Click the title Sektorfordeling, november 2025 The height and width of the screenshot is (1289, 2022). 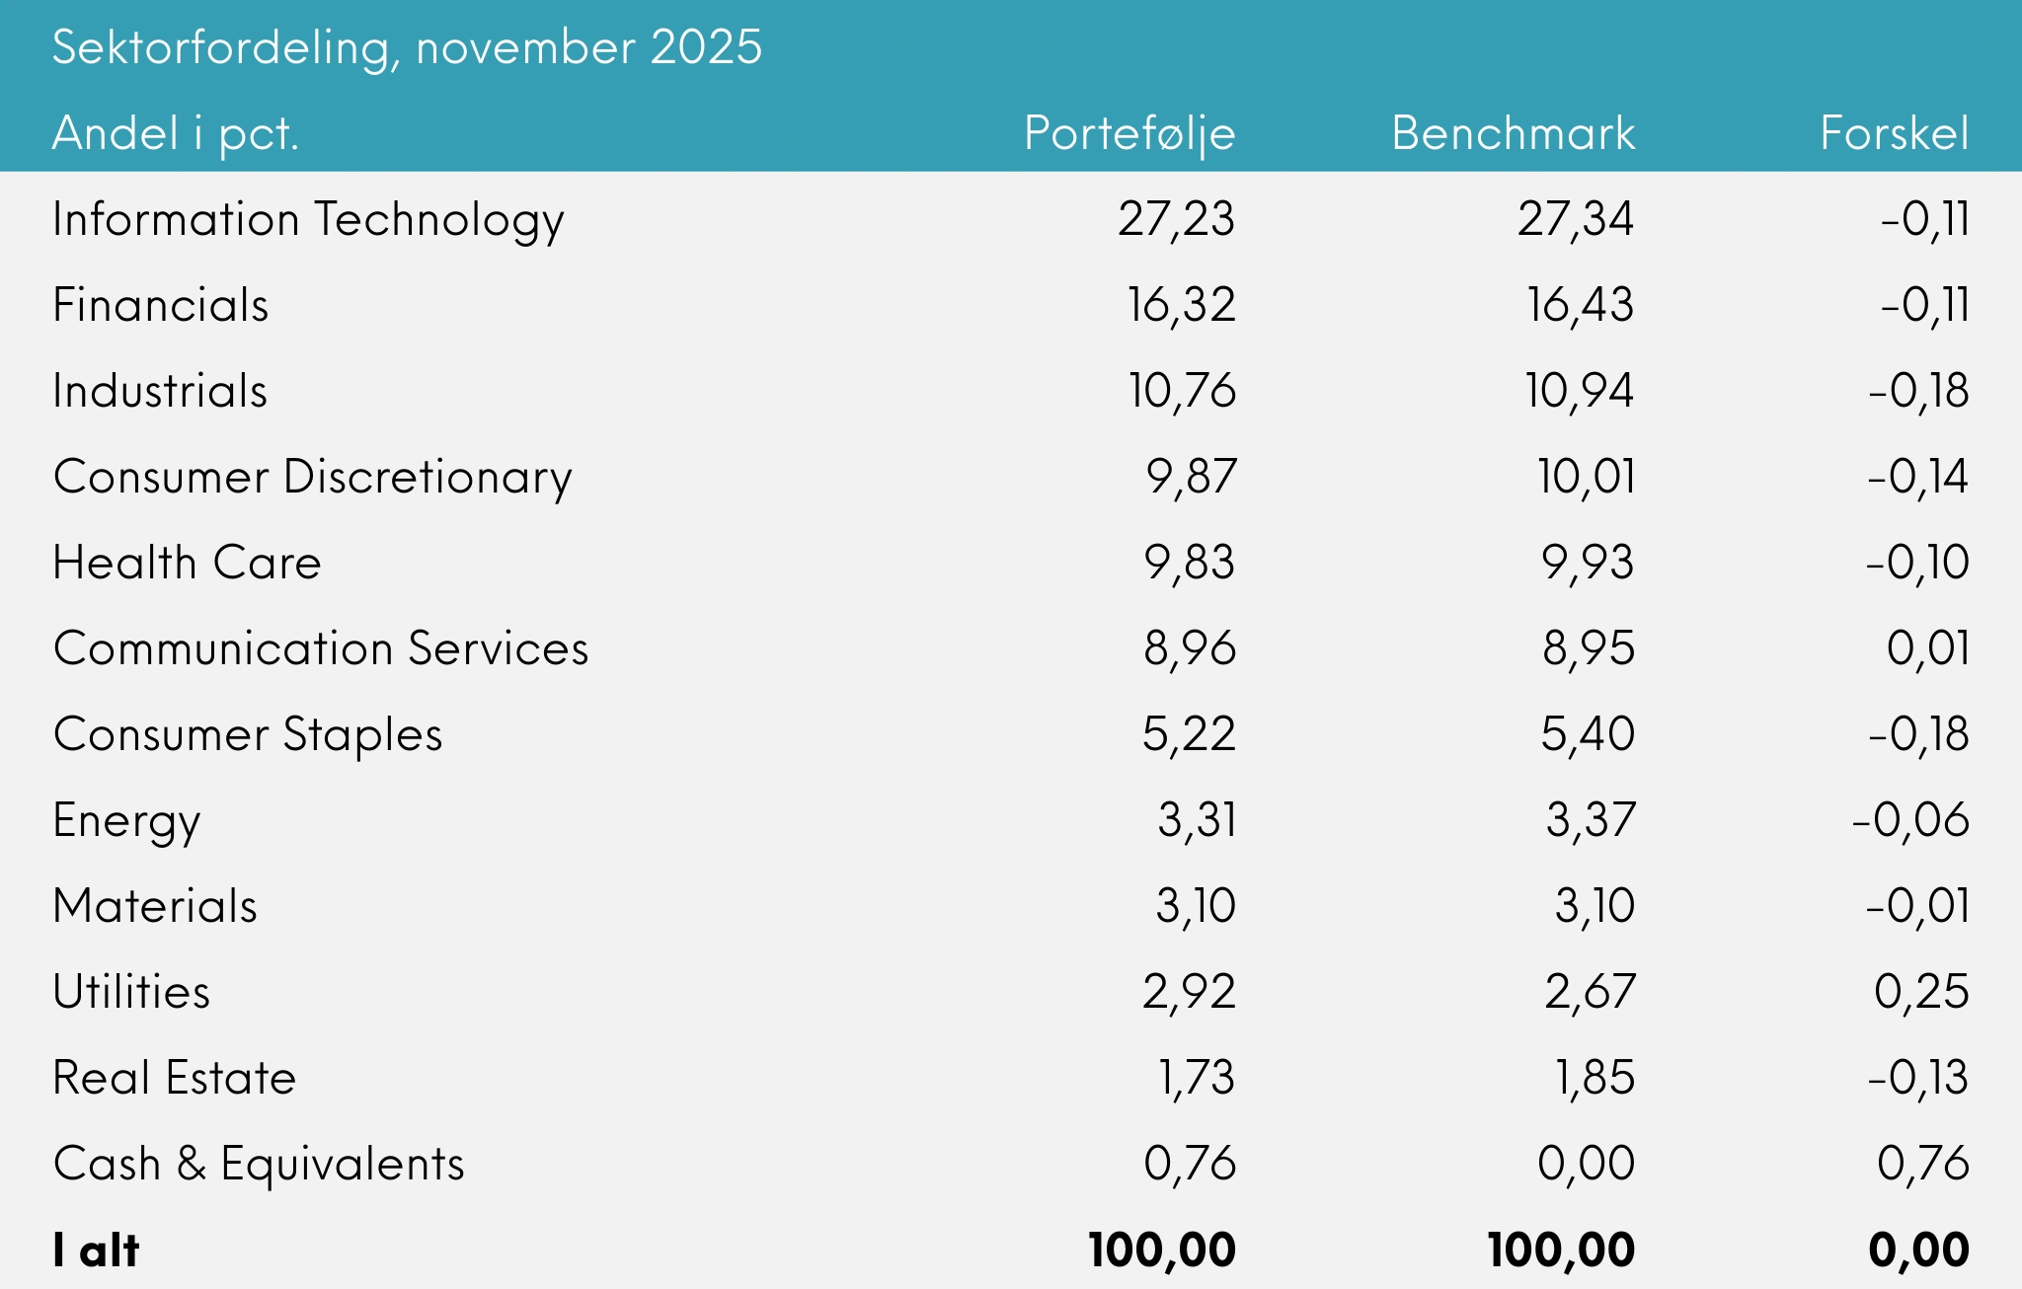(407, 47)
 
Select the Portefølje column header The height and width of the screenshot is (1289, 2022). (1129, 133)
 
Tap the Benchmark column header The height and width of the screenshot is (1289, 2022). (1513, 133)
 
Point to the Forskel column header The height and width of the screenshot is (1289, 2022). (1894, 133)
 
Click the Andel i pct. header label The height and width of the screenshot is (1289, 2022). (176, 133)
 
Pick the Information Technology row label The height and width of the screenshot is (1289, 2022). (308, 219)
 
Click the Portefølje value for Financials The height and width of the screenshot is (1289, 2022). (1181, 305)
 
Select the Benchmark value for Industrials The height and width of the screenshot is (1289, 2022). (1580, 391)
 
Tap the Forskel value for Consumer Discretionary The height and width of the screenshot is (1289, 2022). (1917, 477)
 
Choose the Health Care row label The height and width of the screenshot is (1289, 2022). (188, 563)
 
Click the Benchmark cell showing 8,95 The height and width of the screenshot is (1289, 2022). (1589, 648)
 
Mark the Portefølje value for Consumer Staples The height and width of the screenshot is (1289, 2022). (1189, 734)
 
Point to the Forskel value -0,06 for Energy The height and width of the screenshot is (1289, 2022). (1909, 820)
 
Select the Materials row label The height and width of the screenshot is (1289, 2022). (155, 906)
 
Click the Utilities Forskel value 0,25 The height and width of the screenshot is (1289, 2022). (1921, 992)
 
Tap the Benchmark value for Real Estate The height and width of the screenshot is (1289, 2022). (1595, 1078)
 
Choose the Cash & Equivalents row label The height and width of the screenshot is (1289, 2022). (259, 1164)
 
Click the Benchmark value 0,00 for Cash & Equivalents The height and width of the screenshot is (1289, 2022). (1586, 1164)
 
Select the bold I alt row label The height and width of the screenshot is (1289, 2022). (96, 1251)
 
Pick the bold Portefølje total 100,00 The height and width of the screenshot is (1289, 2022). (1162, 1251)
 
